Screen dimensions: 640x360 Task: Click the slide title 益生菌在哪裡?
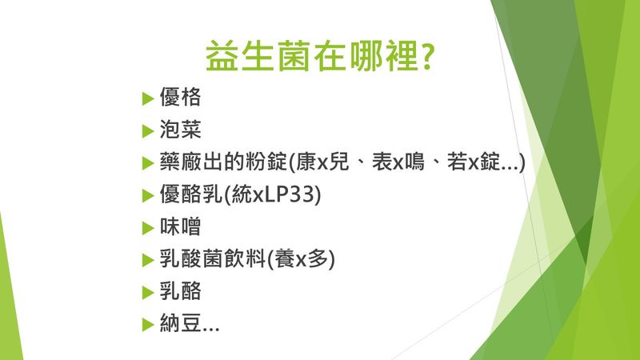tap(319, 55)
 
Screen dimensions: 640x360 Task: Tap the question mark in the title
tap(426, 56)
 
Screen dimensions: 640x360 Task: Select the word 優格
tap(180, 97)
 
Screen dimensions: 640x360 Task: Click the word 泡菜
tap(180, 130)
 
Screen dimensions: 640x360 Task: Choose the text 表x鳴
tap(398, 162)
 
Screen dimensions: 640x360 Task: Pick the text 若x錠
tap(474, 162)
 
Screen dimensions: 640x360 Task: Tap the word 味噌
tap(180, 226)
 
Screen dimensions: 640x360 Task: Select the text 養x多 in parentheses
tap(301, 258)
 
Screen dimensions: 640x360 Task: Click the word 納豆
tap(180, 323)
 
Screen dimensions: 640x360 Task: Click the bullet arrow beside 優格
tap(148, 98)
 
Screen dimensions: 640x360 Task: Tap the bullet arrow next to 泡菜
tap(148, 131)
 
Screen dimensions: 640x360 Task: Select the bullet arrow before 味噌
tap(148, 228)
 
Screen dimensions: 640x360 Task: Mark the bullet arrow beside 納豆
tap(148, 325)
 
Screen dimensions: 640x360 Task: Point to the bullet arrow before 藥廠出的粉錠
tap(148, 163)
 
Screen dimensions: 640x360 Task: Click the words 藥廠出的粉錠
tap(223, 162)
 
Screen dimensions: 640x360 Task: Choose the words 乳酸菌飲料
tap(213, 258)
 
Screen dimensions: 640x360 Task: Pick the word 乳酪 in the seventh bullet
tap(180, 291)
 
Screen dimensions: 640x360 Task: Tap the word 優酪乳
tap(191, 194)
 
